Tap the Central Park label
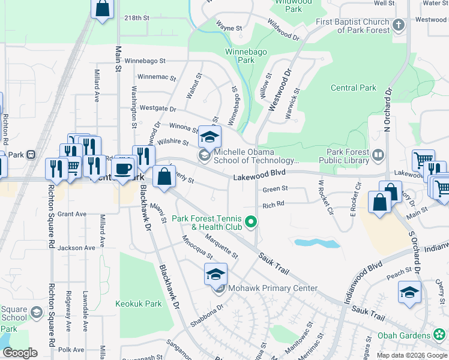(x=354, y=88)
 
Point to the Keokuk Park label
(x=139, y=304)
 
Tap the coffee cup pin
(x=123, y=168)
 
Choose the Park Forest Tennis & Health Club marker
(x=253, y=223)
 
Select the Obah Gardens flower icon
(x=440, y=335)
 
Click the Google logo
(x=20, y=352)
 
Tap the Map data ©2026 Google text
(x=411, y=355)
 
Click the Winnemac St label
(x=156, y=77)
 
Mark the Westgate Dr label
(x=158, y=109)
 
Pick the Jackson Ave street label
(x=77, y=247)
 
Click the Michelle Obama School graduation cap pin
(x=209, y=137)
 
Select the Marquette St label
(x=221, y=247)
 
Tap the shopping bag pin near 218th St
(x=103, y=8)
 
